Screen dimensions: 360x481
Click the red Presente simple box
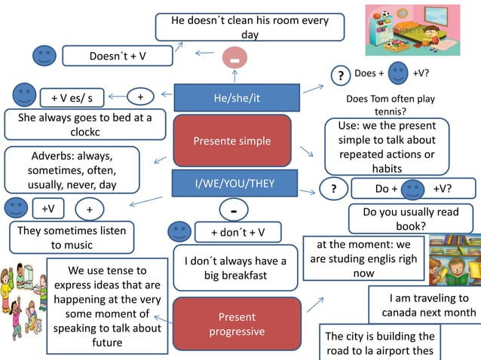click(232, 141)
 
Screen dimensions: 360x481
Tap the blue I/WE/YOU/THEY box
click(235, 184)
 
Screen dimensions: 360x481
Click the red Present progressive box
click(237, 325)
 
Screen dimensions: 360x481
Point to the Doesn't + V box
click(118, 56)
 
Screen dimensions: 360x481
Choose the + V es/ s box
click(72, 98)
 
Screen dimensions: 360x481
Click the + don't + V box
click(237, 232)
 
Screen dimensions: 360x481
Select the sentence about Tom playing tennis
click(390, 105)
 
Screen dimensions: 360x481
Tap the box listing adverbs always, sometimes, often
click(72, 170)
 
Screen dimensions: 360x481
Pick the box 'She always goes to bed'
click(84, 124)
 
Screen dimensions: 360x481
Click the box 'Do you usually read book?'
click(410, 219)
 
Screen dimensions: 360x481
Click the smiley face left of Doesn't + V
click(44, 55)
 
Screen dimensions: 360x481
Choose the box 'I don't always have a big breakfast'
click(235, 268)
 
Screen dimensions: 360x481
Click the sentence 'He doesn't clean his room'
click(250, 27)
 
